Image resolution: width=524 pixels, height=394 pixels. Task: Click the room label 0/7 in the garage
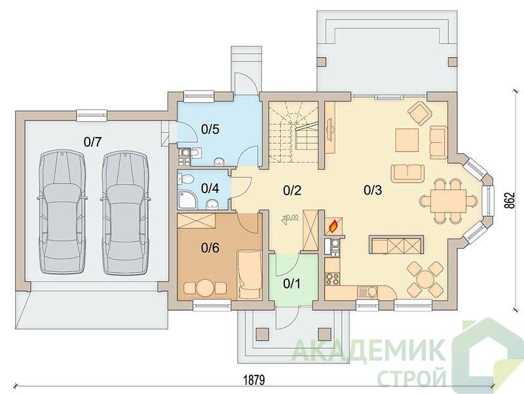pyautogui.click(x=92, y=143)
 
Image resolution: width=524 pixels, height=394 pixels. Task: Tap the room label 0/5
pyautogui.click(x=210, y=129)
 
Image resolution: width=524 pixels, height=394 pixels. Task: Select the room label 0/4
pyautogui.click(x=210, y=188)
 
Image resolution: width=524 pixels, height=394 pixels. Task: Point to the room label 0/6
pyautogui.click(x=210, y=248)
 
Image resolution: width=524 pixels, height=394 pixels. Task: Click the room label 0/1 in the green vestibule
pyautogui.click(x=291, y=284)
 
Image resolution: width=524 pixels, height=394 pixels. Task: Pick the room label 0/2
pyautogui.click(x=292, y=190)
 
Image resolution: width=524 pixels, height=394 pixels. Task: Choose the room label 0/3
pyautogui.click(x=373, y=190)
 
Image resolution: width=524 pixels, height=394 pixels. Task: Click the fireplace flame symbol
pyautogui.click(x=333, y=227)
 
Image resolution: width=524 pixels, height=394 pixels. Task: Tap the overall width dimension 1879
pyautogui.click(x=254, y=380)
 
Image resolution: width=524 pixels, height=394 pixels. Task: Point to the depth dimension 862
pyautogui.click(x=511, y=201)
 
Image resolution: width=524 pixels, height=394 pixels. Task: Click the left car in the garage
pyautogui.click(x=62, y=212)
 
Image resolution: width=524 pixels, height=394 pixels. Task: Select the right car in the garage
pyautogui.click(x=125, y=212)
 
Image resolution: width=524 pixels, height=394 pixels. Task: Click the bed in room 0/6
pyautogui.click(x=250, y=274)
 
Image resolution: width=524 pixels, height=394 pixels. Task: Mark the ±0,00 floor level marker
pyautogui.click(x=290, y=217)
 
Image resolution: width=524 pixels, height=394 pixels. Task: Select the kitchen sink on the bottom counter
pyautogui.click(x=367, y=292)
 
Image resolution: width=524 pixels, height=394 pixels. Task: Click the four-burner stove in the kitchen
pyautogui.click(x=333, y=279)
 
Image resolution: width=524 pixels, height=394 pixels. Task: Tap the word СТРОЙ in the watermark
pyautogui.click(x=412, y=377)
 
